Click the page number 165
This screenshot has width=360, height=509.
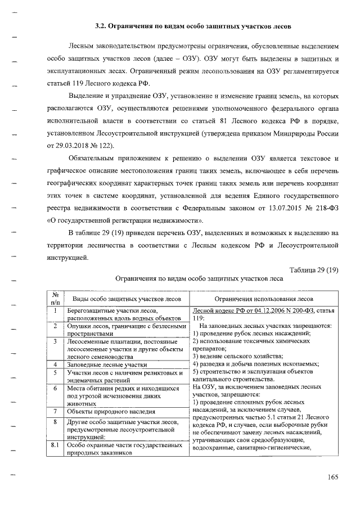[332, 478]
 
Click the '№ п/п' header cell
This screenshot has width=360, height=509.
[56, 298]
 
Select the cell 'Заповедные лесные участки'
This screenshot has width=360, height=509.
[107, 364]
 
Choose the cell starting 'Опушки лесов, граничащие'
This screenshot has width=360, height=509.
[126, 329]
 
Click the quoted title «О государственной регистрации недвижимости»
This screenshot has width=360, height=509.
[125, 219]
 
